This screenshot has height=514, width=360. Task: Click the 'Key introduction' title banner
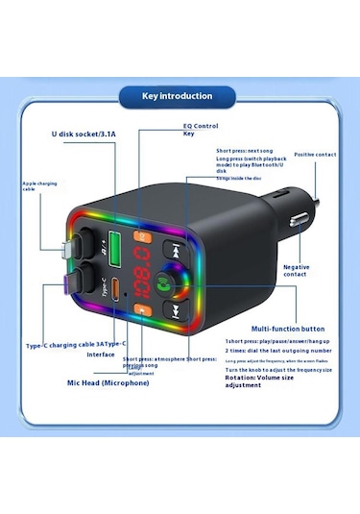178,96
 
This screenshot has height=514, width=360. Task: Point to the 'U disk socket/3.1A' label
83,135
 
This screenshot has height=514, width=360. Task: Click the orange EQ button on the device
144,235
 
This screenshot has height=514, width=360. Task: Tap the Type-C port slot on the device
117,288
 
